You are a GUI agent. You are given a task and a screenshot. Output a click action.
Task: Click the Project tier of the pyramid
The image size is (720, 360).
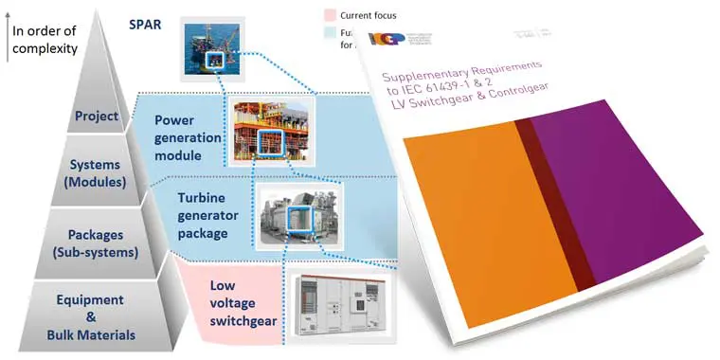point(99,117)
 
